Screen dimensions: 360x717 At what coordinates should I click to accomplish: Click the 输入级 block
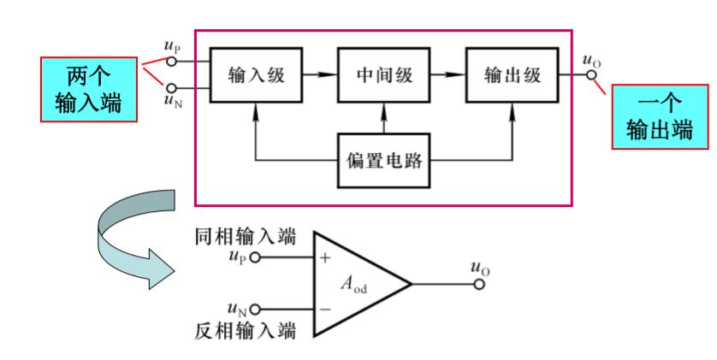(254, 74)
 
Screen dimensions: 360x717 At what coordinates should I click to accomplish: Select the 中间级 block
(383, 74)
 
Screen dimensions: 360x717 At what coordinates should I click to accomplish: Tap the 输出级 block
(511, 74)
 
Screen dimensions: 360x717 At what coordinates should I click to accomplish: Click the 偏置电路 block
(383, 160)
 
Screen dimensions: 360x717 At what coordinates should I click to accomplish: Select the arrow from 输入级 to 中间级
(317, 74)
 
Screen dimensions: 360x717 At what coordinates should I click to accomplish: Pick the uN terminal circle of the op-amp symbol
(253, 310)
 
